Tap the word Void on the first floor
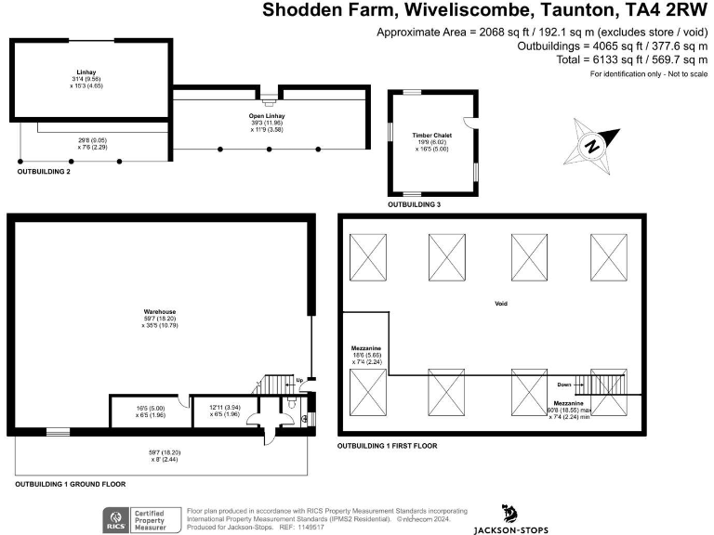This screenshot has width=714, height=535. tap(500, 304)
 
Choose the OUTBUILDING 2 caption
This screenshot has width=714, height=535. tap(44, 172)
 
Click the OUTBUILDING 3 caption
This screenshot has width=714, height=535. tap(414, 203)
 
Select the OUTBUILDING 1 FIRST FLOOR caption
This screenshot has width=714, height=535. tap(387, 446)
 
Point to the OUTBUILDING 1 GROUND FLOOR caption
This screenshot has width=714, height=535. tap(70, 484)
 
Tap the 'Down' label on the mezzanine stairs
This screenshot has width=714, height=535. tap(563, 384)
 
